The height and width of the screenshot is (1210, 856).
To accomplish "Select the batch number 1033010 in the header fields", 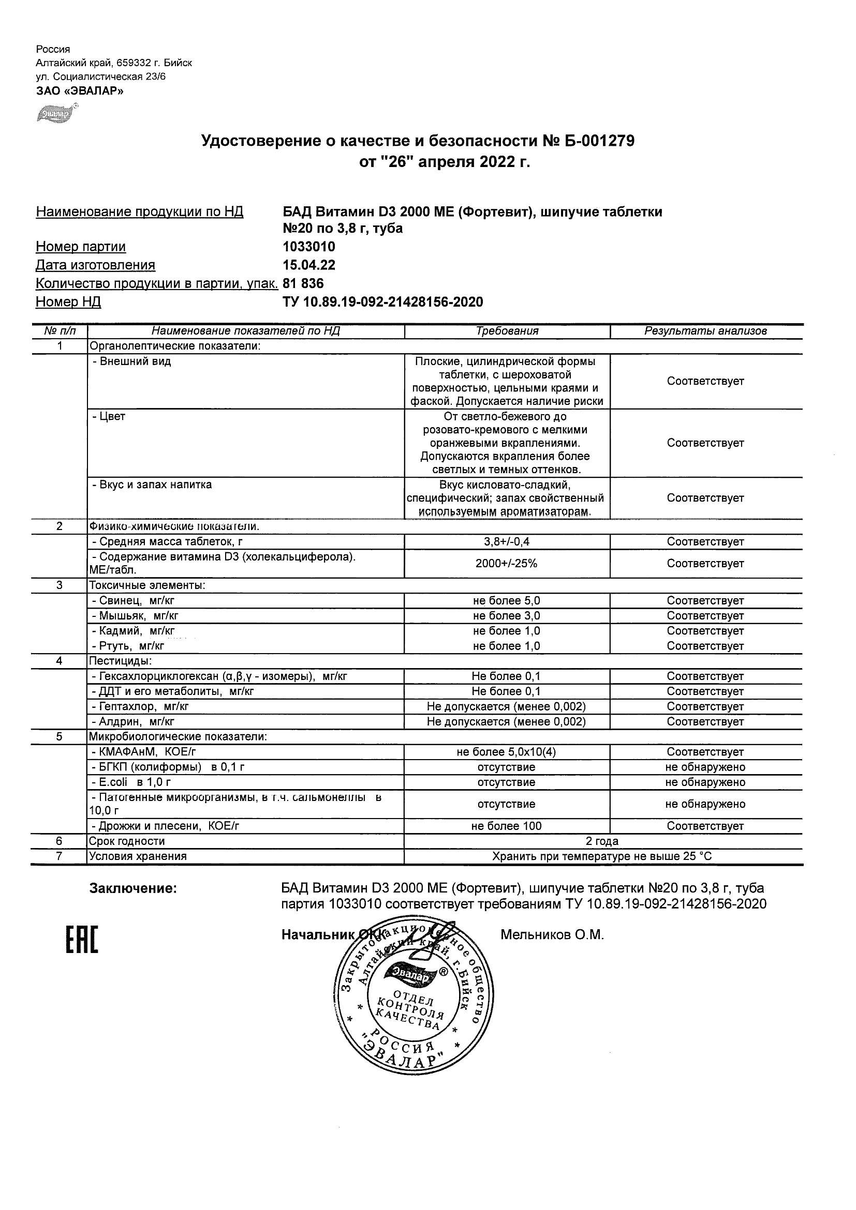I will click(309, 247).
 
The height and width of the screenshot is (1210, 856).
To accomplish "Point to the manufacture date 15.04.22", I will click(309, 265).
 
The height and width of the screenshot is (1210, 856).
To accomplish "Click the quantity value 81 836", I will click(303, 283).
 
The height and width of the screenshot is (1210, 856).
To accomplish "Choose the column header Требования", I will click(507, 331).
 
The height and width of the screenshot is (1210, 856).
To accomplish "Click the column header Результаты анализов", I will click(705, 331).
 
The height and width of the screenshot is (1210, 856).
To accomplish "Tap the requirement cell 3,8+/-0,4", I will click(506, 541).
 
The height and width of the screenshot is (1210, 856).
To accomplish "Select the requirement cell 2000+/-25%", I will click(506, 563).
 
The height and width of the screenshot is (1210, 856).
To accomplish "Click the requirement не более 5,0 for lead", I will click(506, 600).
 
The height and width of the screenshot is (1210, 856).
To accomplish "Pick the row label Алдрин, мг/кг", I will click(133, 721).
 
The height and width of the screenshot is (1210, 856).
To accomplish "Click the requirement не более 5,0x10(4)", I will click(506, 752).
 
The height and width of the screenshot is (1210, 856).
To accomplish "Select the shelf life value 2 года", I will click(602, 841).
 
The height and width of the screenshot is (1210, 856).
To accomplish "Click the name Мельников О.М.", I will click(552, 935).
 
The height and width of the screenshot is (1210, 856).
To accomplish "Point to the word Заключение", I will click(133, 888).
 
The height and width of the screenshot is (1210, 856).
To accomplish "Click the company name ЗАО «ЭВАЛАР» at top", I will click(80, 90).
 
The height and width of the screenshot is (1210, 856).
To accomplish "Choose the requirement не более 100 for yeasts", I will click(506, 826).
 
